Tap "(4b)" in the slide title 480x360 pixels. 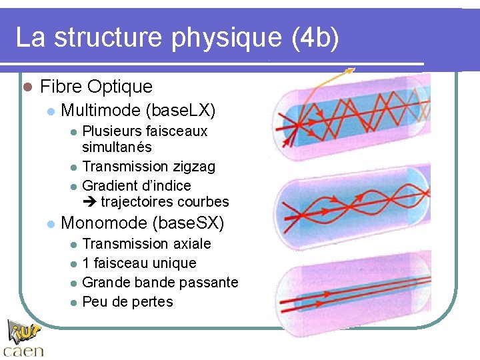[315, 38]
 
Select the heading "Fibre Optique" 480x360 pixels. [96, 86]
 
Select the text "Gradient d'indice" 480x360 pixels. [136, 185]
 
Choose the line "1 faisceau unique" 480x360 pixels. [139, 263]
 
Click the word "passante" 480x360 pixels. [210, 282]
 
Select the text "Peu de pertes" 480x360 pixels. [127, 301]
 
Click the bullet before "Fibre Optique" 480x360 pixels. [27, 87]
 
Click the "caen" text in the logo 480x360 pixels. [23, 349]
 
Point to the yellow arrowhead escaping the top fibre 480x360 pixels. [351, 69]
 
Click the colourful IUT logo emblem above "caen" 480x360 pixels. [24, 330]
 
